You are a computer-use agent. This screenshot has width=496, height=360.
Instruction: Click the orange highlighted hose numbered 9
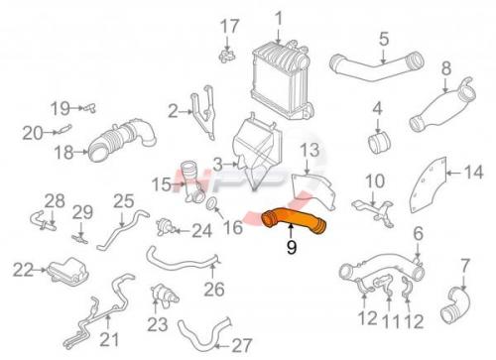293,219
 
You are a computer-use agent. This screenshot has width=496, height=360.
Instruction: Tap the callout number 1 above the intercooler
279,19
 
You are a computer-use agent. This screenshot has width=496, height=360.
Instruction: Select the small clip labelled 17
227,56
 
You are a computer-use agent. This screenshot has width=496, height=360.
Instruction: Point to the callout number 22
23,270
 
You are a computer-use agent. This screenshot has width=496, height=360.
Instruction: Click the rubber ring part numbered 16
211,204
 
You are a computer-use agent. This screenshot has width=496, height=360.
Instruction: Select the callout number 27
242,346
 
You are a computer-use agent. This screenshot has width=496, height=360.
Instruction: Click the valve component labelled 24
165,227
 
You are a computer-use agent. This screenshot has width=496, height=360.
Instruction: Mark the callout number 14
473,173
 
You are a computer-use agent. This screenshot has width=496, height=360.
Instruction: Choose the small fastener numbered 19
89,108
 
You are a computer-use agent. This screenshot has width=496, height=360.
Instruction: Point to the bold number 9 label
292,247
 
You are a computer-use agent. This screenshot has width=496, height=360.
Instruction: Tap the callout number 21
109,339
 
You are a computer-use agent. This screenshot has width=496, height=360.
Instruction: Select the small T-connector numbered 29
80,239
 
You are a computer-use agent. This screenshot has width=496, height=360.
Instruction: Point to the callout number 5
384,40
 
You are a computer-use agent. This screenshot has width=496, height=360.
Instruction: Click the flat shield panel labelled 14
429,185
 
